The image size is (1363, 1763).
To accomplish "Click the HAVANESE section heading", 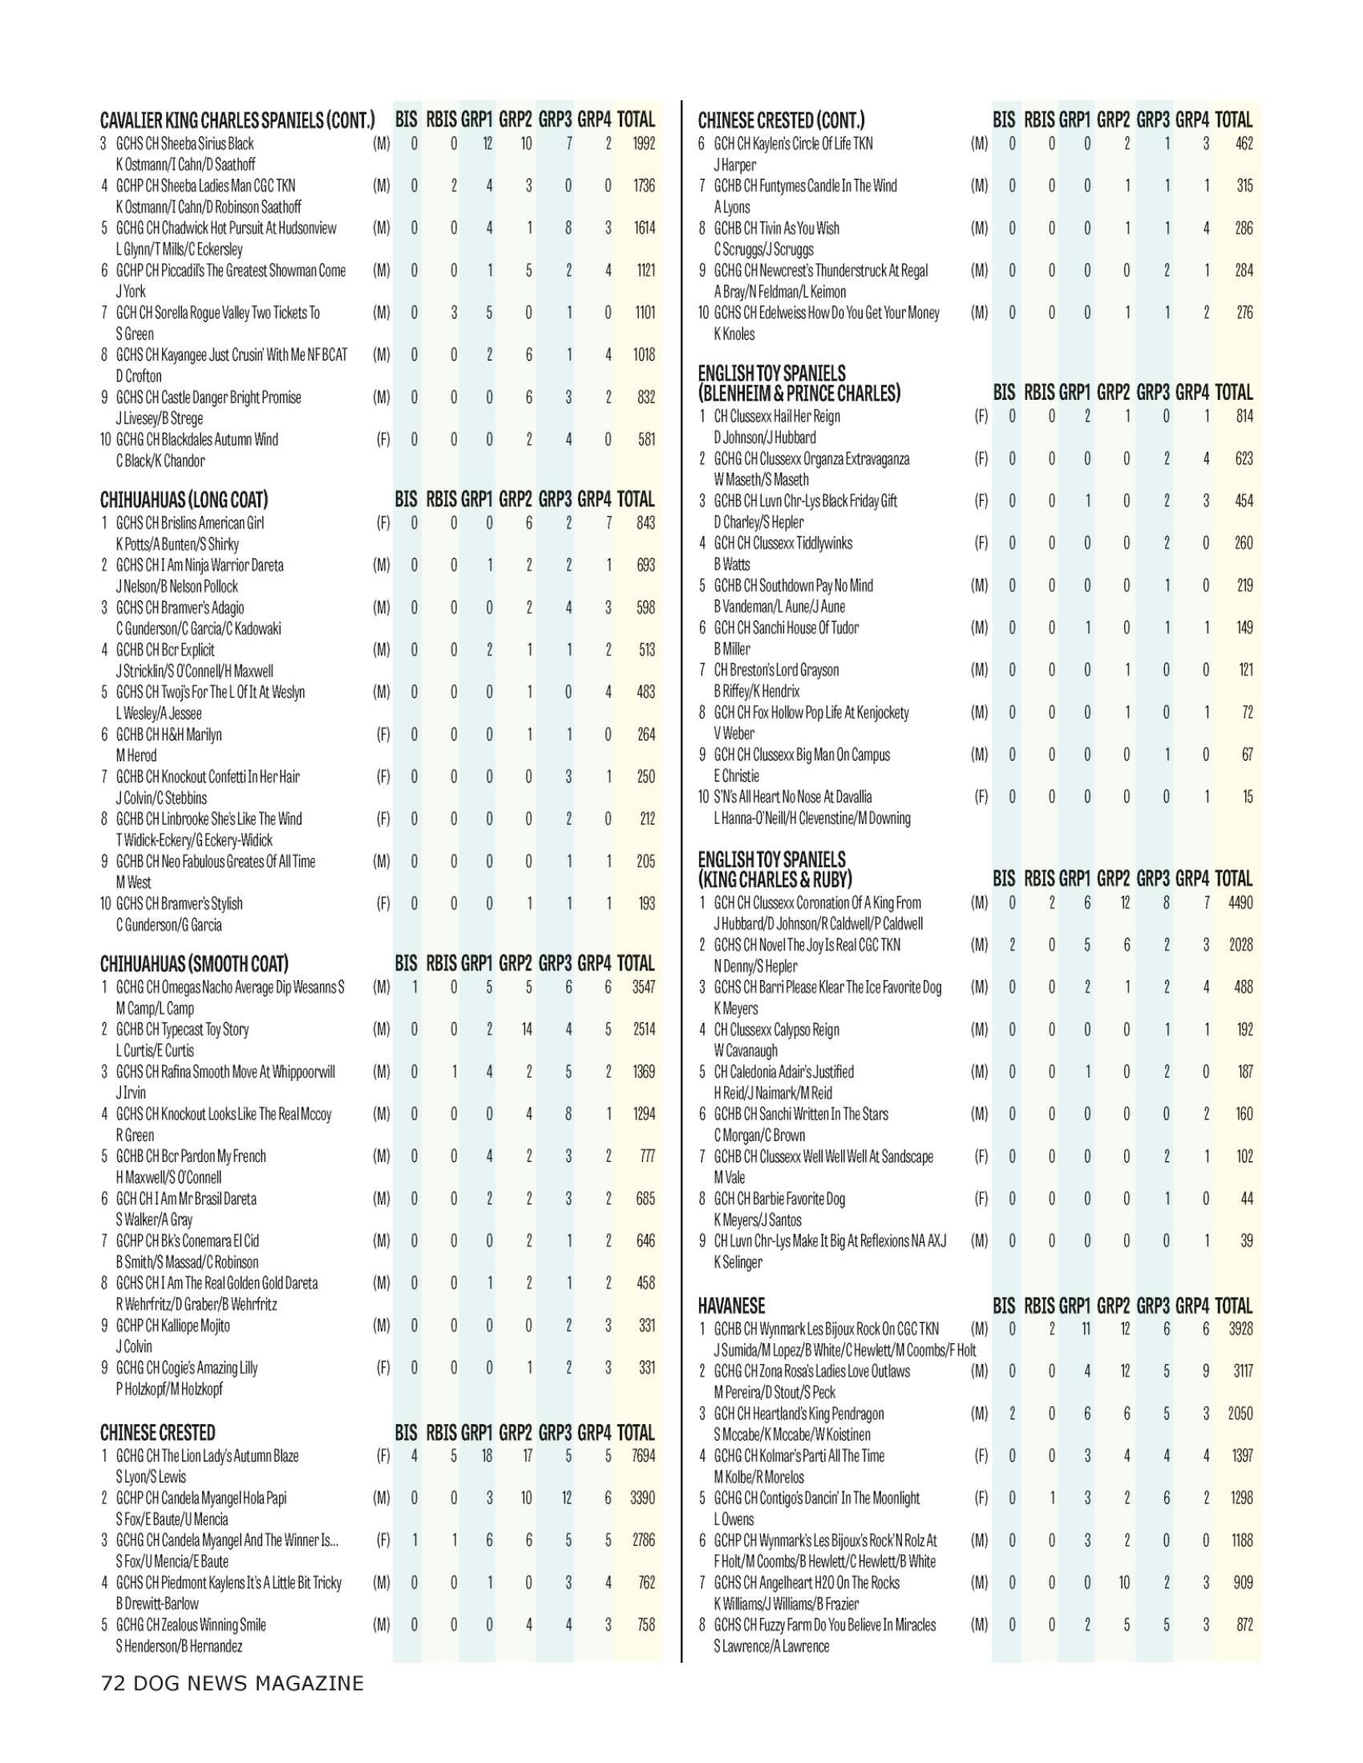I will click(x=730, y=1306).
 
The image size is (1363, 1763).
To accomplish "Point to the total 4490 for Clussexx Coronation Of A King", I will click(x=1240, y=902).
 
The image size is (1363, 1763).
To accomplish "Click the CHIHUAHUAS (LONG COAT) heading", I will click(x=184, y=500).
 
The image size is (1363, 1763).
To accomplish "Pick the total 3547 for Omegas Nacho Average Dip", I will click(x=643, y=986).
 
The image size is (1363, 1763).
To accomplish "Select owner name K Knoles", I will click(x=734, y=334).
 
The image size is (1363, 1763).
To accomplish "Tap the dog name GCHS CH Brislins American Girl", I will click(x=190, y=523).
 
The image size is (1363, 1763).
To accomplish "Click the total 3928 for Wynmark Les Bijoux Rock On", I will click(x=1240, y=1329).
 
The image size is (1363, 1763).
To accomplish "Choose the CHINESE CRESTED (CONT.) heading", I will click(x=781, y=121).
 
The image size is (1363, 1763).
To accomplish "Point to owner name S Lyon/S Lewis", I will click(x=151, y=1476).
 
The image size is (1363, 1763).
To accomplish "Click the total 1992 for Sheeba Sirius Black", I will click(x=643, y=143).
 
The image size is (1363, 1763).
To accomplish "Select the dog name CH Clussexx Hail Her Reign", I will click(x=777, y=417).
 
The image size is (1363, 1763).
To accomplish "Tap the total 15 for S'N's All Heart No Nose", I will click(x=1247, y=797).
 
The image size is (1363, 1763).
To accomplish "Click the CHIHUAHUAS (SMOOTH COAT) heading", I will click(x=194, y=964).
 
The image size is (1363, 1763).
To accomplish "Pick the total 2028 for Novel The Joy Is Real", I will click(x=1240, y=945).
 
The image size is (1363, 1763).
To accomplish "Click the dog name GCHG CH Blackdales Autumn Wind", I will click(x=197, y=440).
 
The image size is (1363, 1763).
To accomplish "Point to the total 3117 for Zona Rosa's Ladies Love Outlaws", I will click(x=1240, y=1370).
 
